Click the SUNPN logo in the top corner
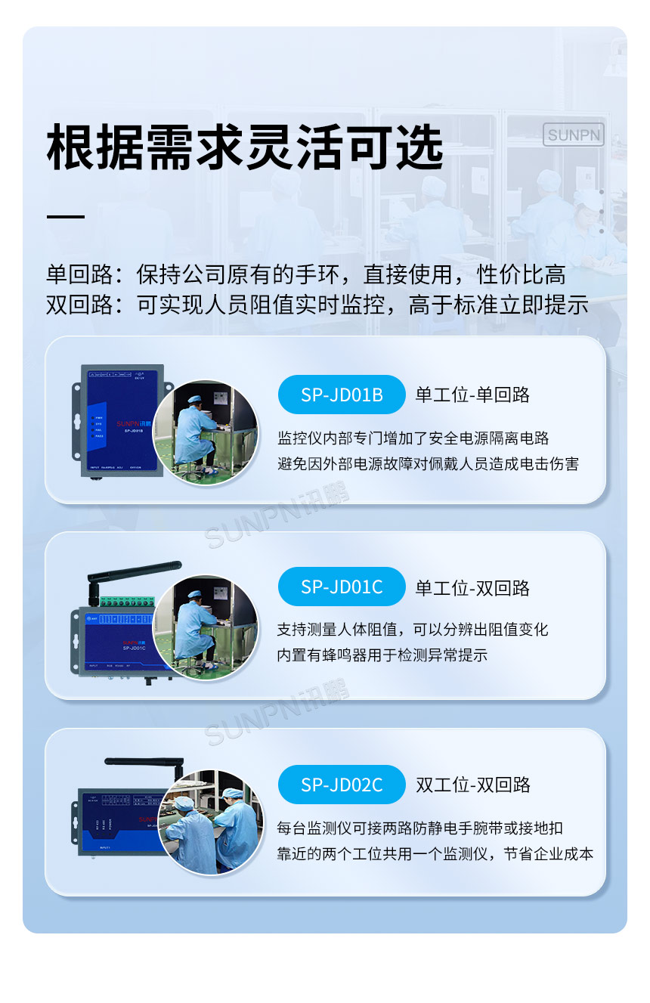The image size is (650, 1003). pos(574,135)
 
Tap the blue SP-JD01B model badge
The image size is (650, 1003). pos(342,395)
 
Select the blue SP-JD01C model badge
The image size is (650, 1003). pos(342,587)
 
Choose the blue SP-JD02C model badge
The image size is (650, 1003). pos(342,785)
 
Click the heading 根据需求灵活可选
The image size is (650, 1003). pos(245,147)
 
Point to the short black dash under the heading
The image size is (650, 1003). pos(66,217)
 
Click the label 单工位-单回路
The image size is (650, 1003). pos(472,395)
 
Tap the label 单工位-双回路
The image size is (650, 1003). pos(472,588)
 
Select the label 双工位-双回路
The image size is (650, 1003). pos(473,785)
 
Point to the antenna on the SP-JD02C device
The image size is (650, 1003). pos(144,763)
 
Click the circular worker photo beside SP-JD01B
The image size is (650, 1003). pos(206,433)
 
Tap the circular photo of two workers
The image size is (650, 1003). pos(212,822)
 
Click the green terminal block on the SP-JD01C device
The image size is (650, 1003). pos(125,602)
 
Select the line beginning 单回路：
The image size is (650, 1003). pos(305,275)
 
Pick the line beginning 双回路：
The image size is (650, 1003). pos(317,305)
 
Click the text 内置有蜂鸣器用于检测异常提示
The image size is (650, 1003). pos(382,655)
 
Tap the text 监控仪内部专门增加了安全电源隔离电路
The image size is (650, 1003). pos(413,438)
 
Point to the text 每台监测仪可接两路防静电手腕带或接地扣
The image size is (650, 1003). pos(419,828)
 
